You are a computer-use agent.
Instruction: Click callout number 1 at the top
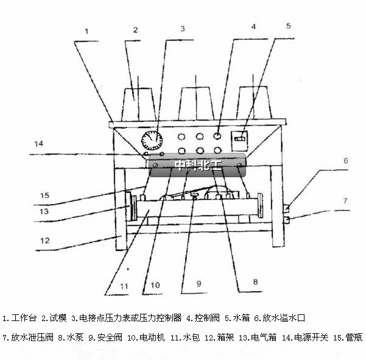(87, 30)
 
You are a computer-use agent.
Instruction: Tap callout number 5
(289, 26)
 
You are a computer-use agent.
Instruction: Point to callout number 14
(39, 144)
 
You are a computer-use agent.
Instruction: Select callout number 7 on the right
(344, 200)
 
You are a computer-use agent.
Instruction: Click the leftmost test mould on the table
(138, 105)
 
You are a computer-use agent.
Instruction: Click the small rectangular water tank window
(240, 139)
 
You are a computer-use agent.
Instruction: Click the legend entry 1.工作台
(21, 318)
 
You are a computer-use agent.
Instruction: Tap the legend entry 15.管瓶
(347, 337)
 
